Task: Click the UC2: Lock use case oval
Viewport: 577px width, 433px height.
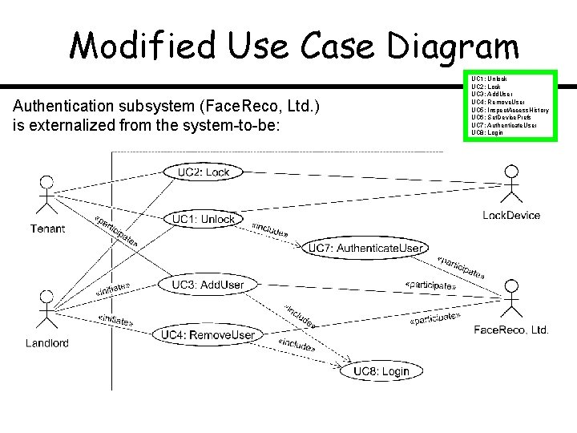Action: click(x=203, y=172)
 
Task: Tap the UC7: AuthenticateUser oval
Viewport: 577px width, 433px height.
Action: click(x=365, y=249)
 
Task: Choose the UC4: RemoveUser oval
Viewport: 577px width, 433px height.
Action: click(x=208, y=334)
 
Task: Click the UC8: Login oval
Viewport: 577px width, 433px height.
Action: click(x=381, y=370)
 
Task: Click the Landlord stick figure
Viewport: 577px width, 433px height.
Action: click(x=47, y=309)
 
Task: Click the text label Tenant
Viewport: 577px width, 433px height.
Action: click(x=48, y=229)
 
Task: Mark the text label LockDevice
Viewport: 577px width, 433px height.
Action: click(x=511, y=215)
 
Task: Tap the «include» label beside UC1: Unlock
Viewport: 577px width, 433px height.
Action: click(x=269, y=229)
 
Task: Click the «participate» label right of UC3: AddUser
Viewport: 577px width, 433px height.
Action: click(x=431, y=285)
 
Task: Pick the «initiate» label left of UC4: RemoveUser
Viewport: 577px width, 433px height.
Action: click(x=121, y=321)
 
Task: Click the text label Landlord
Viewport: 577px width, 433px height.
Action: click(x=47, y=342)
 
